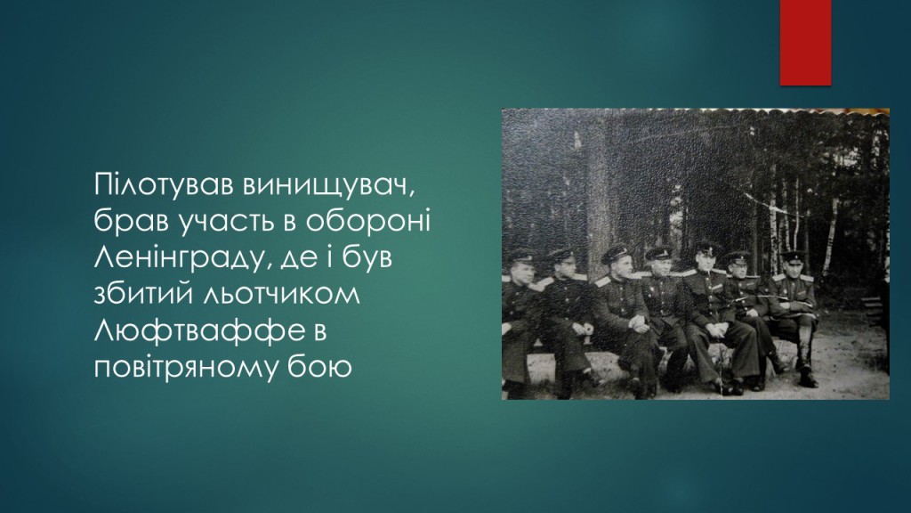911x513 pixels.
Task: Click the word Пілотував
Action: coord(164,184)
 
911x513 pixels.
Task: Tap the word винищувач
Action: coord(330,185)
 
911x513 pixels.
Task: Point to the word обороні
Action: coord(368,221)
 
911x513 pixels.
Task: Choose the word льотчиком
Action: coord(280,295)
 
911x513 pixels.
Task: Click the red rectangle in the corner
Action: coord(805,43)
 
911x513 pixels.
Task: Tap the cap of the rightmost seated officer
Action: coord(794,256)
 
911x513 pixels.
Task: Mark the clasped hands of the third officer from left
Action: coord(640,324)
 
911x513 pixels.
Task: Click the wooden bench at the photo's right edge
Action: coord(874,311)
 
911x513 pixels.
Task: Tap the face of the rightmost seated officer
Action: coord(792,269)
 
